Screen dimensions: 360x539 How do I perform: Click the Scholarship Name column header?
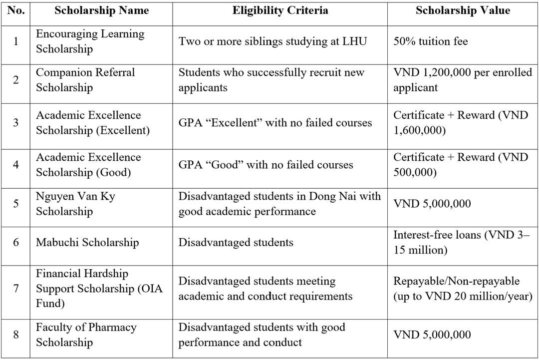(x=101, y=10)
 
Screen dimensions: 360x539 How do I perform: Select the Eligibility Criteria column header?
(x=280, y=10)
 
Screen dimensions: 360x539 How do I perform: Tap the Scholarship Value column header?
(x=463, y=10)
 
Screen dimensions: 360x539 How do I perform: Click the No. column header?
(x=16, y=10)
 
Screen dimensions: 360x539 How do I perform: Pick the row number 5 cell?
(x=16, y=204)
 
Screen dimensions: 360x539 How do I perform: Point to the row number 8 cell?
(x=16, y=335)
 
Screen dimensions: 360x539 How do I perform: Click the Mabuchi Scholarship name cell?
(x=87, y=243)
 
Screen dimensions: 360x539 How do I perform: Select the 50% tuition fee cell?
(x=431, y=41)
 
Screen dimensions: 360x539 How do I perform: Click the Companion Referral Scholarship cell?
(x=85, y=80)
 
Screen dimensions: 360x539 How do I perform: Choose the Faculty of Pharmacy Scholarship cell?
(x=86, y=335)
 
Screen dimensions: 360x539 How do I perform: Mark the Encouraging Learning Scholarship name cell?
(x=90, y=41)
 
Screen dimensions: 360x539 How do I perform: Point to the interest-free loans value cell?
(x=461, y=242)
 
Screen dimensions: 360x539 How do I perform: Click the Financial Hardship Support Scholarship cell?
(x=99, y=289)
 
